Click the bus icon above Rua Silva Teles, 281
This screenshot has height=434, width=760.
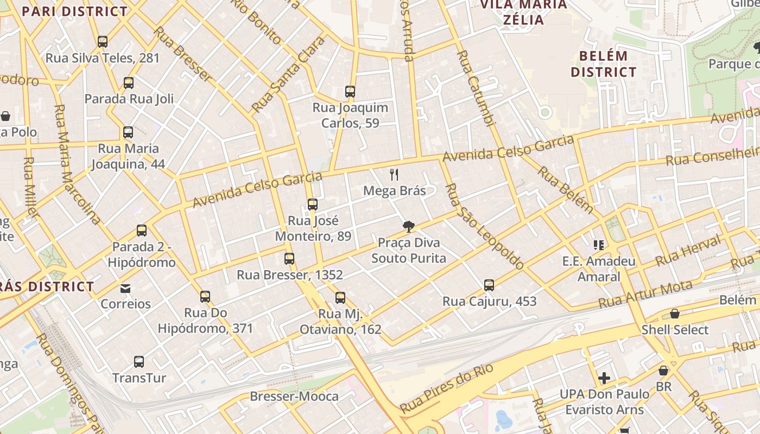point(102,42)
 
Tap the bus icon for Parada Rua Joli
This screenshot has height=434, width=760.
point(129,83)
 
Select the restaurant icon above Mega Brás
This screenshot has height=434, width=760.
point(395,175)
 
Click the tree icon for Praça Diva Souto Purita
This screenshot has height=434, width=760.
point(409,227)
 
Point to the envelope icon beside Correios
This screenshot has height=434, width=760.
point(125,288)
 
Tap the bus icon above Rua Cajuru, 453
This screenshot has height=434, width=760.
point(489,285)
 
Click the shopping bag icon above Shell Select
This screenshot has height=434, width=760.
point(675,314)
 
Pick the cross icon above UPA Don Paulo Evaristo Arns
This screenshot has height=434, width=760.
point(604,378)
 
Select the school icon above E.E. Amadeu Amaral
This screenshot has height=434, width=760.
point(599,245)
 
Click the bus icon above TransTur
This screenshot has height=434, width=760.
point(139,362)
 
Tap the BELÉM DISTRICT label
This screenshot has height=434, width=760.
point(603,64)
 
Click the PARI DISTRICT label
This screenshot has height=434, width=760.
point(75,11)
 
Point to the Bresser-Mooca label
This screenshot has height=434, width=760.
point(294,397)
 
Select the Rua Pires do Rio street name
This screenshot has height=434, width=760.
point(446,388)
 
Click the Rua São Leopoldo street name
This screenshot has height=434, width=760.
point(484,227)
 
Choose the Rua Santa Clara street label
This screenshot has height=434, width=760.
point(288,74)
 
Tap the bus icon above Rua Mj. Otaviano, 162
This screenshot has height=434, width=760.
point(340,298)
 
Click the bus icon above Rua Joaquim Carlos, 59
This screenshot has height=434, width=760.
point(350,92)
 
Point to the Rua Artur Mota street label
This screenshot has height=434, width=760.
point(645,295)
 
